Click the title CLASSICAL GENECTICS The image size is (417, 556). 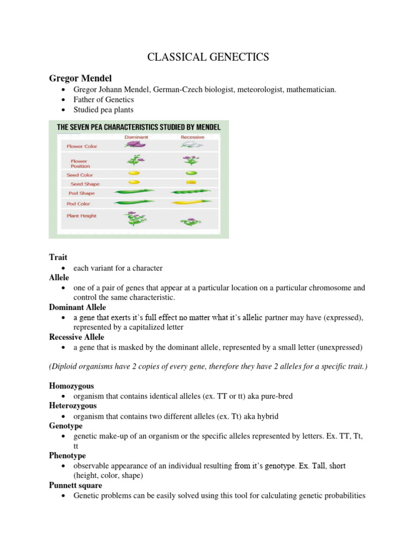[x=208, y=57]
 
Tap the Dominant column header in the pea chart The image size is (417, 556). [x=136, y=137]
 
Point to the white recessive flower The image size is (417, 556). [x=191, y=146]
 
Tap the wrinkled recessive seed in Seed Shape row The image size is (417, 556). [x=191, y=182]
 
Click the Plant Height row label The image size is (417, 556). [x=81, y=216]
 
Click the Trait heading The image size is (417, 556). [x=58, y=257]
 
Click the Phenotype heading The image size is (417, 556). [x=67, y=456]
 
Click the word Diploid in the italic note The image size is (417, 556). [x=68, y=367]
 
